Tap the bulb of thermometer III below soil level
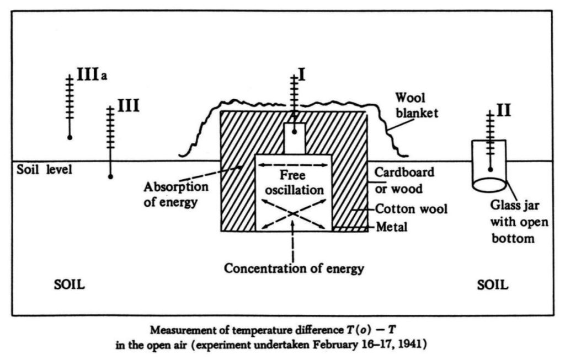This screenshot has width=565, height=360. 110,176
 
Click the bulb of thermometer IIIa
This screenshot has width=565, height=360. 70,137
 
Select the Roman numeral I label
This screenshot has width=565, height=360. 302,74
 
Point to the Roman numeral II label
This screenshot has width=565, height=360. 504,110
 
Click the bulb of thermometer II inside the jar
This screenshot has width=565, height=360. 490,169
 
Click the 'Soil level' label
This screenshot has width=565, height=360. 44,169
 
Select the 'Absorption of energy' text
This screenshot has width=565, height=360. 176,195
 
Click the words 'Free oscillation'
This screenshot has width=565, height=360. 295,182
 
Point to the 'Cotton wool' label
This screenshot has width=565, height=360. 411,209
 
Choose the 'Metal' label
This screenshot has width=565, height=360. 392,227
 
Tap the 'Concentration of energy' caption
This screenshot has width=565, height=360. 294,268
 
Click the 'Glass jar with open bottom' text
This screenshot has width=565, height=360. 519,222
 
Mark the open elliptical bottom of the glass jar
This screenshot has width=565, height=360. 489,185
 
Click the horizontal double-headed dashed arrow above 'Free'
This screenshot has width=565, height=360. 294,165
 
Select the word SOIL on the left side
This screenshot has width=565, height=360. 69,285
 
